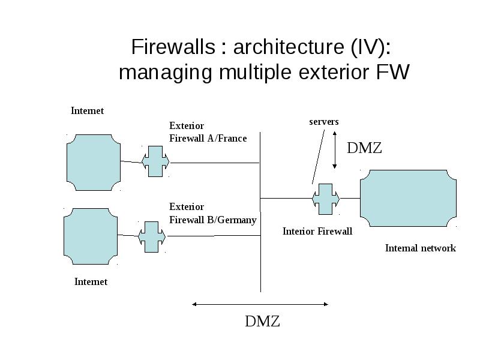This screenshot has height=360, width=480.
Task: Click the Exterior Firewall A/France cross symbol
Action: [x=155, y=161]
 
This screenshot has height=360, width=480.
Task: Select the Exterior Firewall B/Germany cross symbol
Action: [x=152, y=237]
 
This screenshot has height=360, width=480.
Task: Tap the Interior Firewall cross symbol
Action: [x=326, y=199]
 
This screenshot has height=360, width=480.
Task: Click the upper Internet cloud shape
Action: [x=94, y=163]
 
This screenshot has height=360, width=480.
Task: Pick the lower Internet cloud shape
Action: [x=91, y=236]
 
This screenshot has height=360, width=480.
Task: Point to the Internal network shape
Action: [x=408, y=199]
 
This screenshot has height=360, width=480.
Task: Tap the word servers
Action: [x=324, y=122]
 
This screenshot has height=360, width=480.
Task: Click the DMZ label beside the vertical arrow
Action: [x=364, y=148]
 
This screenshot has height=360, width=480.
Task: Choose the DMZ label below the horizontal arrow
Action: [x=262, y=322]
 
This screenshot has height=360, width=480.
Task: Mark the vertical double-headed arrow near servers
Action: [x=335, y=150]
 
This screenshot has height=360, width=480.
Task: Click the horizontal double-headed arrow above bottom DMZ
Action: [x=260, y=304]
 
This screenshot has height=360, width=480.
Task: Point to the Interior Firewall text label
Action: [x=317, y=231]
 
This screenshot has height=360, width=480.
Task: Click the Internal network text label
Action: [x=421, y=248]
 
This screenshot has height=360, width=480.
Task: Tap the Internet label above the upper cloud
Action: [x=87, y=110]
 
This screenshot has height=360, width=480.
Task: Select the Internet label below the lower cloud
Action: [x=91, y=281]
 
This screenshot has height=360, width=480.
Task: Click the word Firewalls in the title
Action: [x=173, y=47]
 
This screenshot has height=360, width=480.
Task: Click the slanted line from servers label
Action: [x=319, y=157]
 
